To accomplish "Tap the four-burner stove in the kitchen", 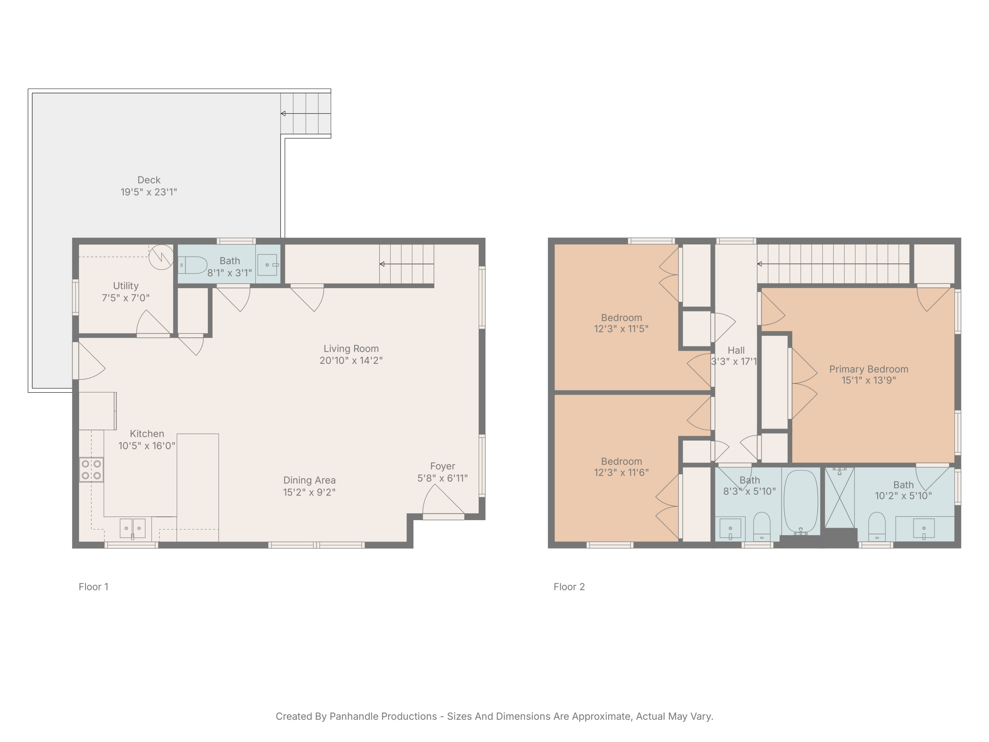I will click(x=91, y=470).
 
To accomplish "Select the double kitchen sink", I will click(x=132, y=528).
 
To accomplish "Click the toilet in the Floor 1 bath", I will click(x=193, y=265).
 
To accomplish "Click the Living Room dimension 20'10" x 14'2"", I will click(x=351, y=360).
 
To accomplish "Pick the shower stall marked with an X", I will click(x=839, y=497).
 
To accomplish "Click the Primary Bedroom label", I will click(x=868, y=369).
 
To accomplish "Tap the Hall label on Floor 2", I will click(x=736, y=351).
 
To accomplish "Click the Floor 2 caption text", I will click(x=569, y=587).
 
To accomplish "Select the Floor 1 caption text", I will click(x=93, y=587).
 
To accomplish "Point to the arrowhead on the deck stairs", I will click(x=283, y=113).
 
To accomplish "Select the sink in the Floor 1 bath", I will click(x=267, y=265).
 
